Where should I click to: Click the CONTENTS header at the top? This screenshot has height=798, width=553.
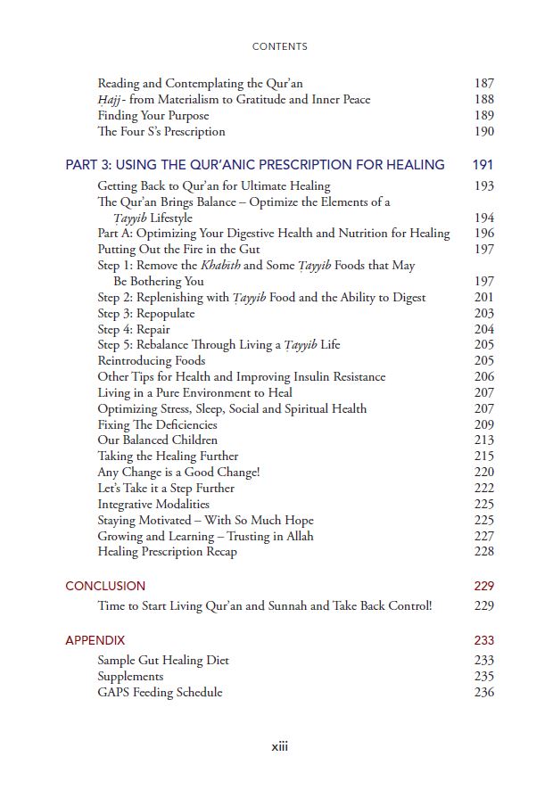(279, 46)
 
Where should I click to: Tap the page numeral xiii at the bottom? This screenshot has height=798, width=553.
(279, 746)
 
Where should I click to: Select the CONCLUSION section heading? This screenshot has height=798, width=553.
(105, 586)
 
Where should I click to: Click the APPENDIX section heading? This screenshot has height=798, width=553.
(95, 640)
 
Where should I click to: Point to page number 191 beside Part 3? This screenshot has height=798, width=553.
(483, 164)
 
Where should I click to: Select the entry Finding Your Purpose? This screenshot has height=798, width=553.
(153, 116)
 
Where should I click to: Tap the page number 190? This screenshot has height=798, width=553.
(483, 132)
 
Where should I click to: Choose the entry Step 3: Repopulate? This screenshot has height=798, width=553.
(146, 314)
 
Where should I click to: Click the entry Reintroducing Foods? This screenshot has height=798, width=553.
(152, 361)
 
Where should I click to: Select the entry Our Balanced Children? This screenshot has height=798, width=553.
(158, 440)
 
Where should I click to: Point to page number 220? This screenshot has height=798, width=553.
(483, 473)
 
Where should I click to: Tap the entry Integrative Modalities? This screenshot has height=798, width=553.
(153, 504)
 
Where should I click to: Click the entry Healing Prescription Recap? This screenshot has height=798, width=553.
(168, 552)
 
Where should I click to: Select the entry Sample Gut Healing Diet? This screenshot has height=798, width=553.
(163, 661)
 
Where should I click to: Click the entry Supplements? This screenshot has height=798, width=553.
(130, 677)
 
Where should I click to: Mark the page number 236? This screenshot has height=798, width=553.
(483, 693)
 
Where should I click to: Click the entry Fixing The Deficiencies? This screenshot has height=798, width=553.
(158, 424)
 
